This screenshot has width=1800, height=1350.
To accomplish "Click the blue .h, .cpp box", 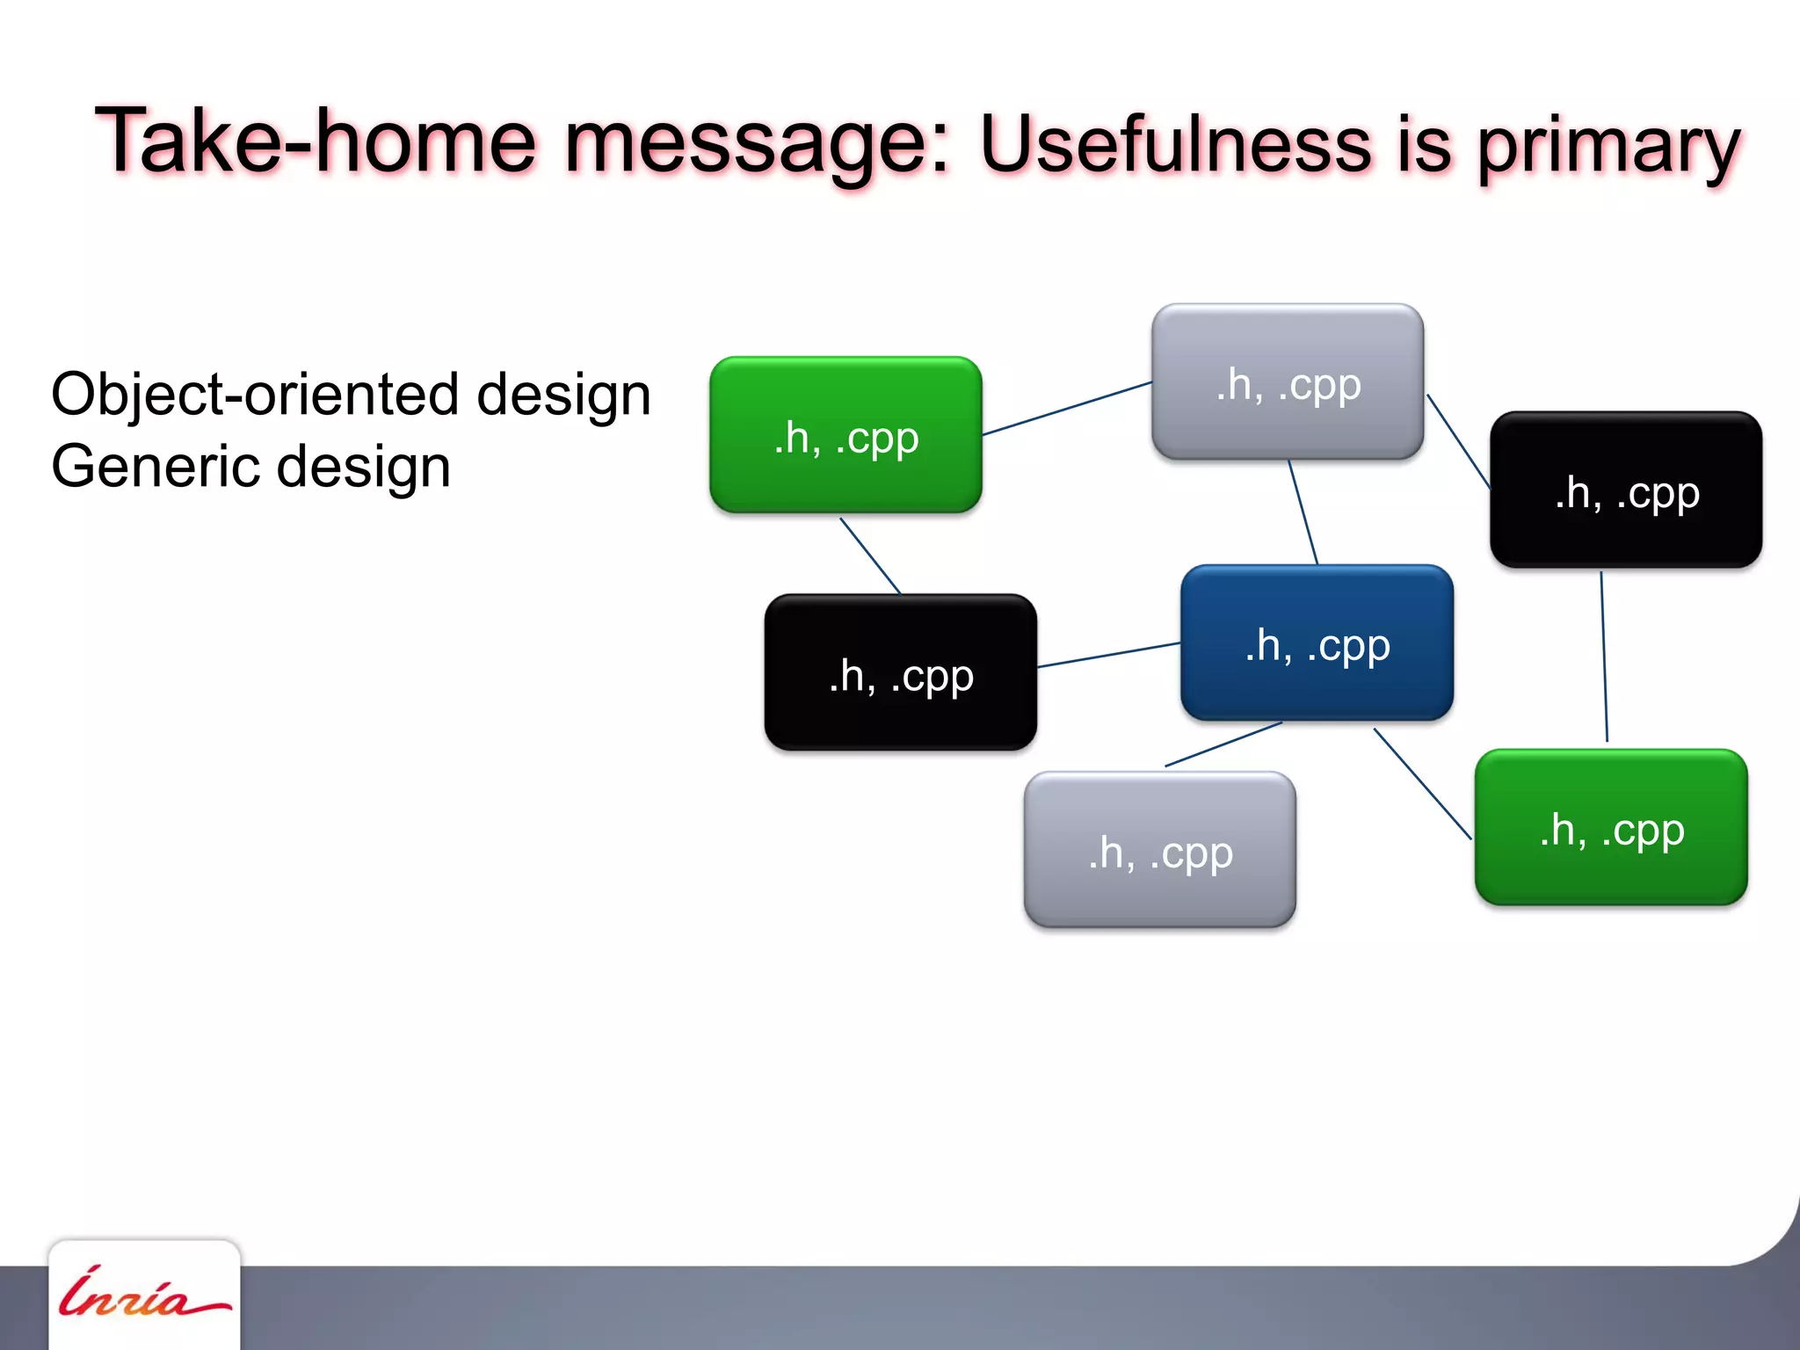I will tap(1317, 643).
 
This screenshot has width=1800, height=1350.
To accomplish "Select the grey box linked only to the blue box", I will tap(1160, 850).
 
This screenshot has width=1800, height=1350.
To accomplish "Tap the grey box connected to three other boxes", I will tap(1288, 382).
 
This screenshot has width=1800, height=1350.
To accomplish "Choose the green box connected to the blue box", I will tap(1611, 827).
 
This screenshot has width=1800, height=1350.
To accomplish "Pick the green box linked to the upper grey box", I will tap(846, 435).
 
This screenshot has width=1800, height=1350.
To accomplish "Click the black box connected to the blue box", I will tap(900, 672).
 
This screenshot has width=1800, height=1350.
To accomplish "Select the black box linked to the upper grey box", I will tap(1626, 490).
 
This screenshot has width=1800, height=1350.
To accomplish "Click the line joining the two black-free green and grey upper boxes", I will tap(1067, 408).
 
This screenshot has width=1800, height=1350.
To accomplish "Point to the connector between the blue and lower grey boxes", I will tap(1223, 744).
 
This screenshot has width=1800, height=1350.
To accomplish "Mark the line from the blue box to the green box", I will tap(1422, 783).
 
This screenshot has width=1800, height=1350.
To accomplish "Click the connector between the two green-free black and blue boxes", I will tap(1108, 655).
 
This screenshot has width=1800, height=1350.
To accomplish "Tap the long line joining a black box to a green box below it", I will tap(1604, 657).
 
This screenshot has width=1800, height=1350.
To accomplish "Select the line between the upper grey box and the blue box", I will tap(1303, 512).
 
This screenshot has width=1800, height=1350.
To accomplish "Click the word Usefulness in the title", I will tap(1175, 145).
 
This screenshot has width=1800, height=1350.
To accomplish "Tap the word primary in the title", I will tap(1608, 147).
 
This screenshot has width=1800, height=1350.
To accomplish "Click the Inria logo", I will tap(144, 1295).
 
